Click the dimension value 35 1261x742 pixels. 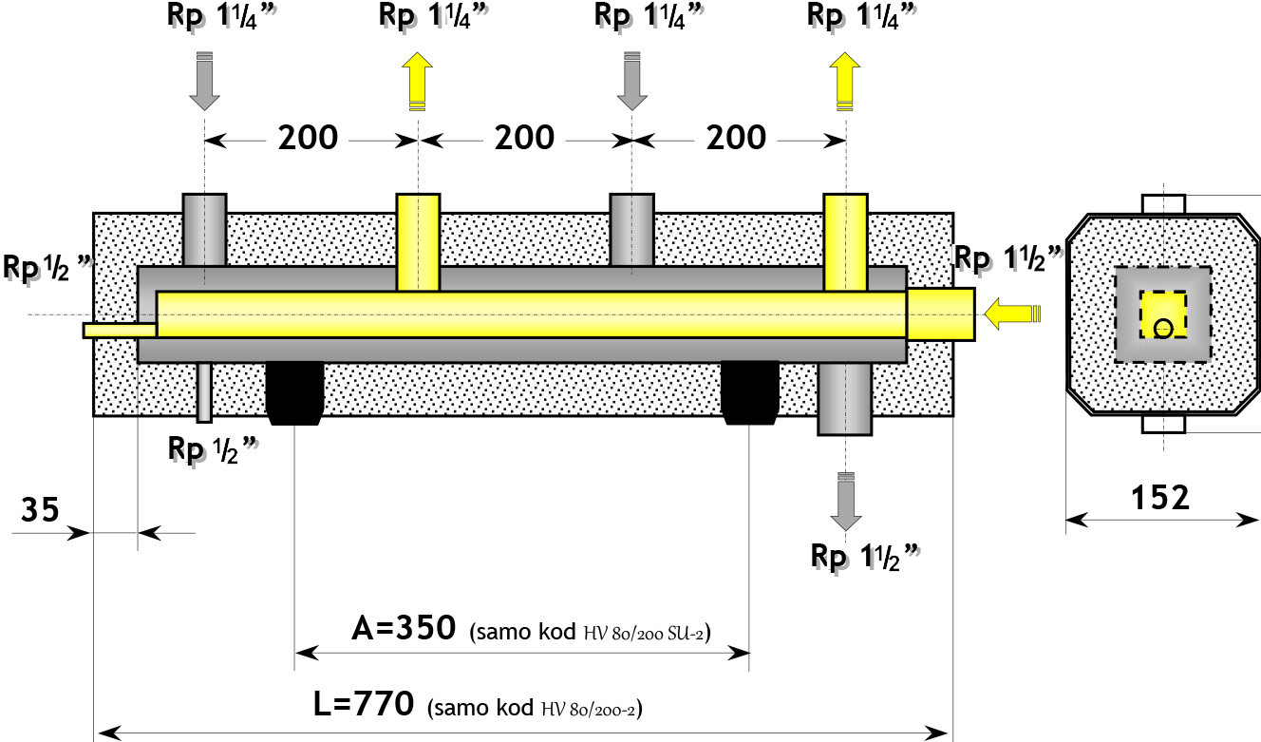pyautogui.click(x=40, y=509)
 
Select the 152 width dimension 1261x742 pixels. pyautogui.click(x=1160, y=498)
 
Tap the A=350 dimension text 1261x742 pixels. pyautogui.click(x=404, y=628)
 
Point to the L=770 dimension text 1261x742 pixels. pyautogui.click(x=364, y=704)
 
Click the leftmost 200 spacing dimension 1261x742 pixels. pyautogui.click(x=308, y=138)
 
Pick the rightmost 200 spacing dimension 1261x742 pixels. pyautogui.click(x=736, y=138)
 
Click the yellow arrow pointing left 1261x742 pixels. pyautogui.click(x=1012, y=314)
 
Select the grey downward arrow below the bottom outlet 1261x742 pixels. pyautogui.click(x=845, y=501)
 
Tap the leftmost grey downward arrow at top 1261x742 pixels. pyautogui.click(x=204, y=81)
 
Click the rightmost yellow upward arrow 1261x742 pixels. pyautogui.click(x=845, y=81)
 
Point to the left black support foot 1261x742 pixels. pyautogui.click(x=294, y=392)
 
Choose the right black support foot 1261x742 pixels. pyautogui.click(x=750, y=392)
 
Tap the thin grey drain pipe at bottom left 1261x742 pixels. pyautogui.click(x=204, y=392)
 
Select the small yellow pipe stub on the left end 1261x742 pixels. pyautogui.click(x=120, y=331)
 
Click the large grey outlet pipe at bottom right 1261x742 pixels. pyautogui.click(x=844, y=399)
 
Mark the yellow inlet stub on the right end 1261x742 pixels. pyautogui.click(x=941, y=314)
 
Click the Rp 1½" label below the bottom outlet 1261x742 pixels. pyautogui.click(x=865, y=558)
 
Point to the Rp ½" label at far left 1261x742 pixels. pyautogui.click(x=47, y=268)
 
